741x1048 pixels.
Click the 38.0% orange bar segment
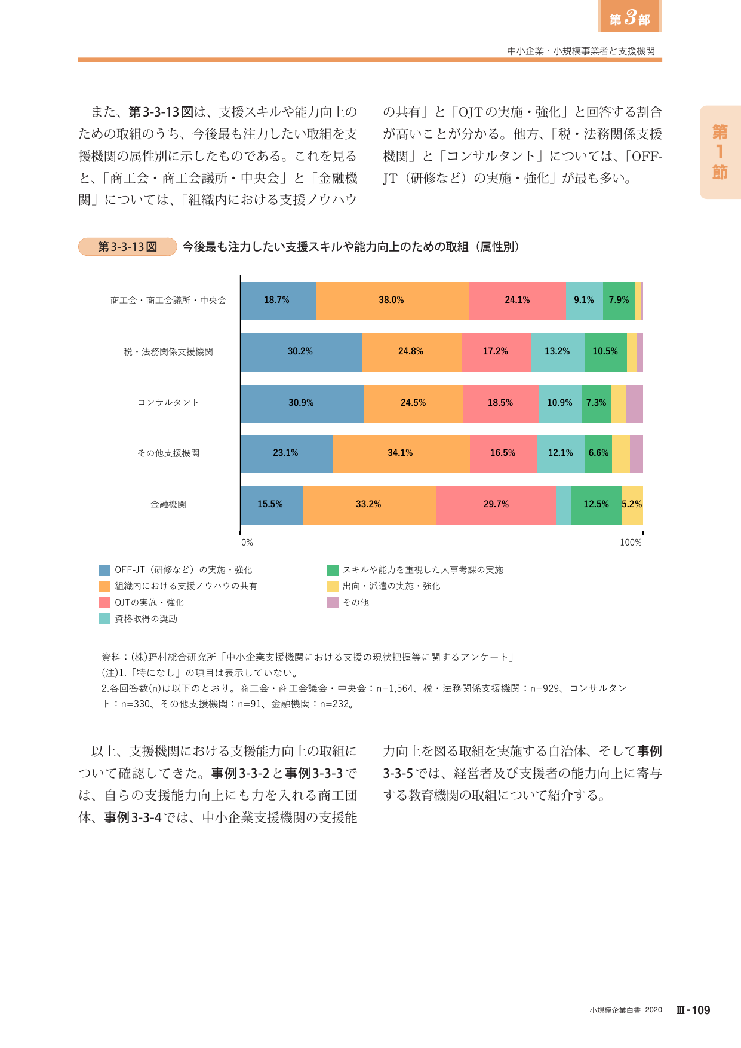tap(392, 301)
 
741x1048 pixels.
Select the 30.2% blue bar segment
tap(301, 352)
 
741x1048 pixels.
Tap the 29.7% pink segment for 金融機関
tap(496, 505)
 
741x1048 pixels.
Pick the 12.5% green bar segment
tap(597, 505)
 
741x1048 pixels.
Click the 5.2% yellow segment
tap(632, 505)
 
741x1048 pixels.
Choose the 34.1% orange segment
tap(401, 453)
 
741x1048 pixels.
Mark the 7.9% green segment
tap(619, 301)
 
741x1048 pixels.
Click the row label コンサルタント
tap(168, 402)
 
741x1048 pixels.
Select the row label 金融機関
tap(168, 505)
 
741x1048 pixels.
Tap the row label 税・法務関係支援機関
tap(168, 352)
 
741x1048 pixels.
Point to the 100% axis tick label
tap(631, 543)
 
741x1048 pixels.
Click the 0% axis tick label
tap(247, 543)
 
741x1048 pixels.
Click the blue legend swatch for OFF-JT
tap(104, 570)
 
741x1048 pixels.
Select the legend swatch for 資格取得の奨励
tap(104, 619)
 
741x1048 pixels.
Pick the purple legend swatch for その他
tap(333, 603)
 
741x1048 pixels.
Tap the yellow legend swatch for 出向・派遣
tap(333, 586)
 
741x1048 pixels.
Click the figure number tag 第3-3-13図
tap(128, 247)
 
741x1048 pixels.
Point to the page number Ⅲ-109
tap(693, 1010)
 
